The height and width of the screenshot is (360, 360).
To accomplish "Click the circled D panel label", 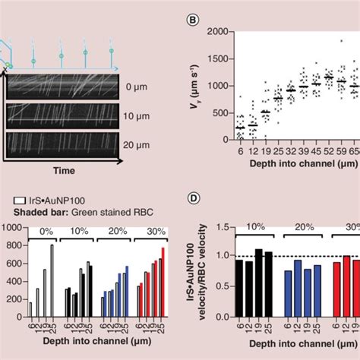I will point(194,199).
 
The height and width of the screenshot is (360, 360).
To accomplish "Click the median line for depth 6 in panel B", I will point(240,128).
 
